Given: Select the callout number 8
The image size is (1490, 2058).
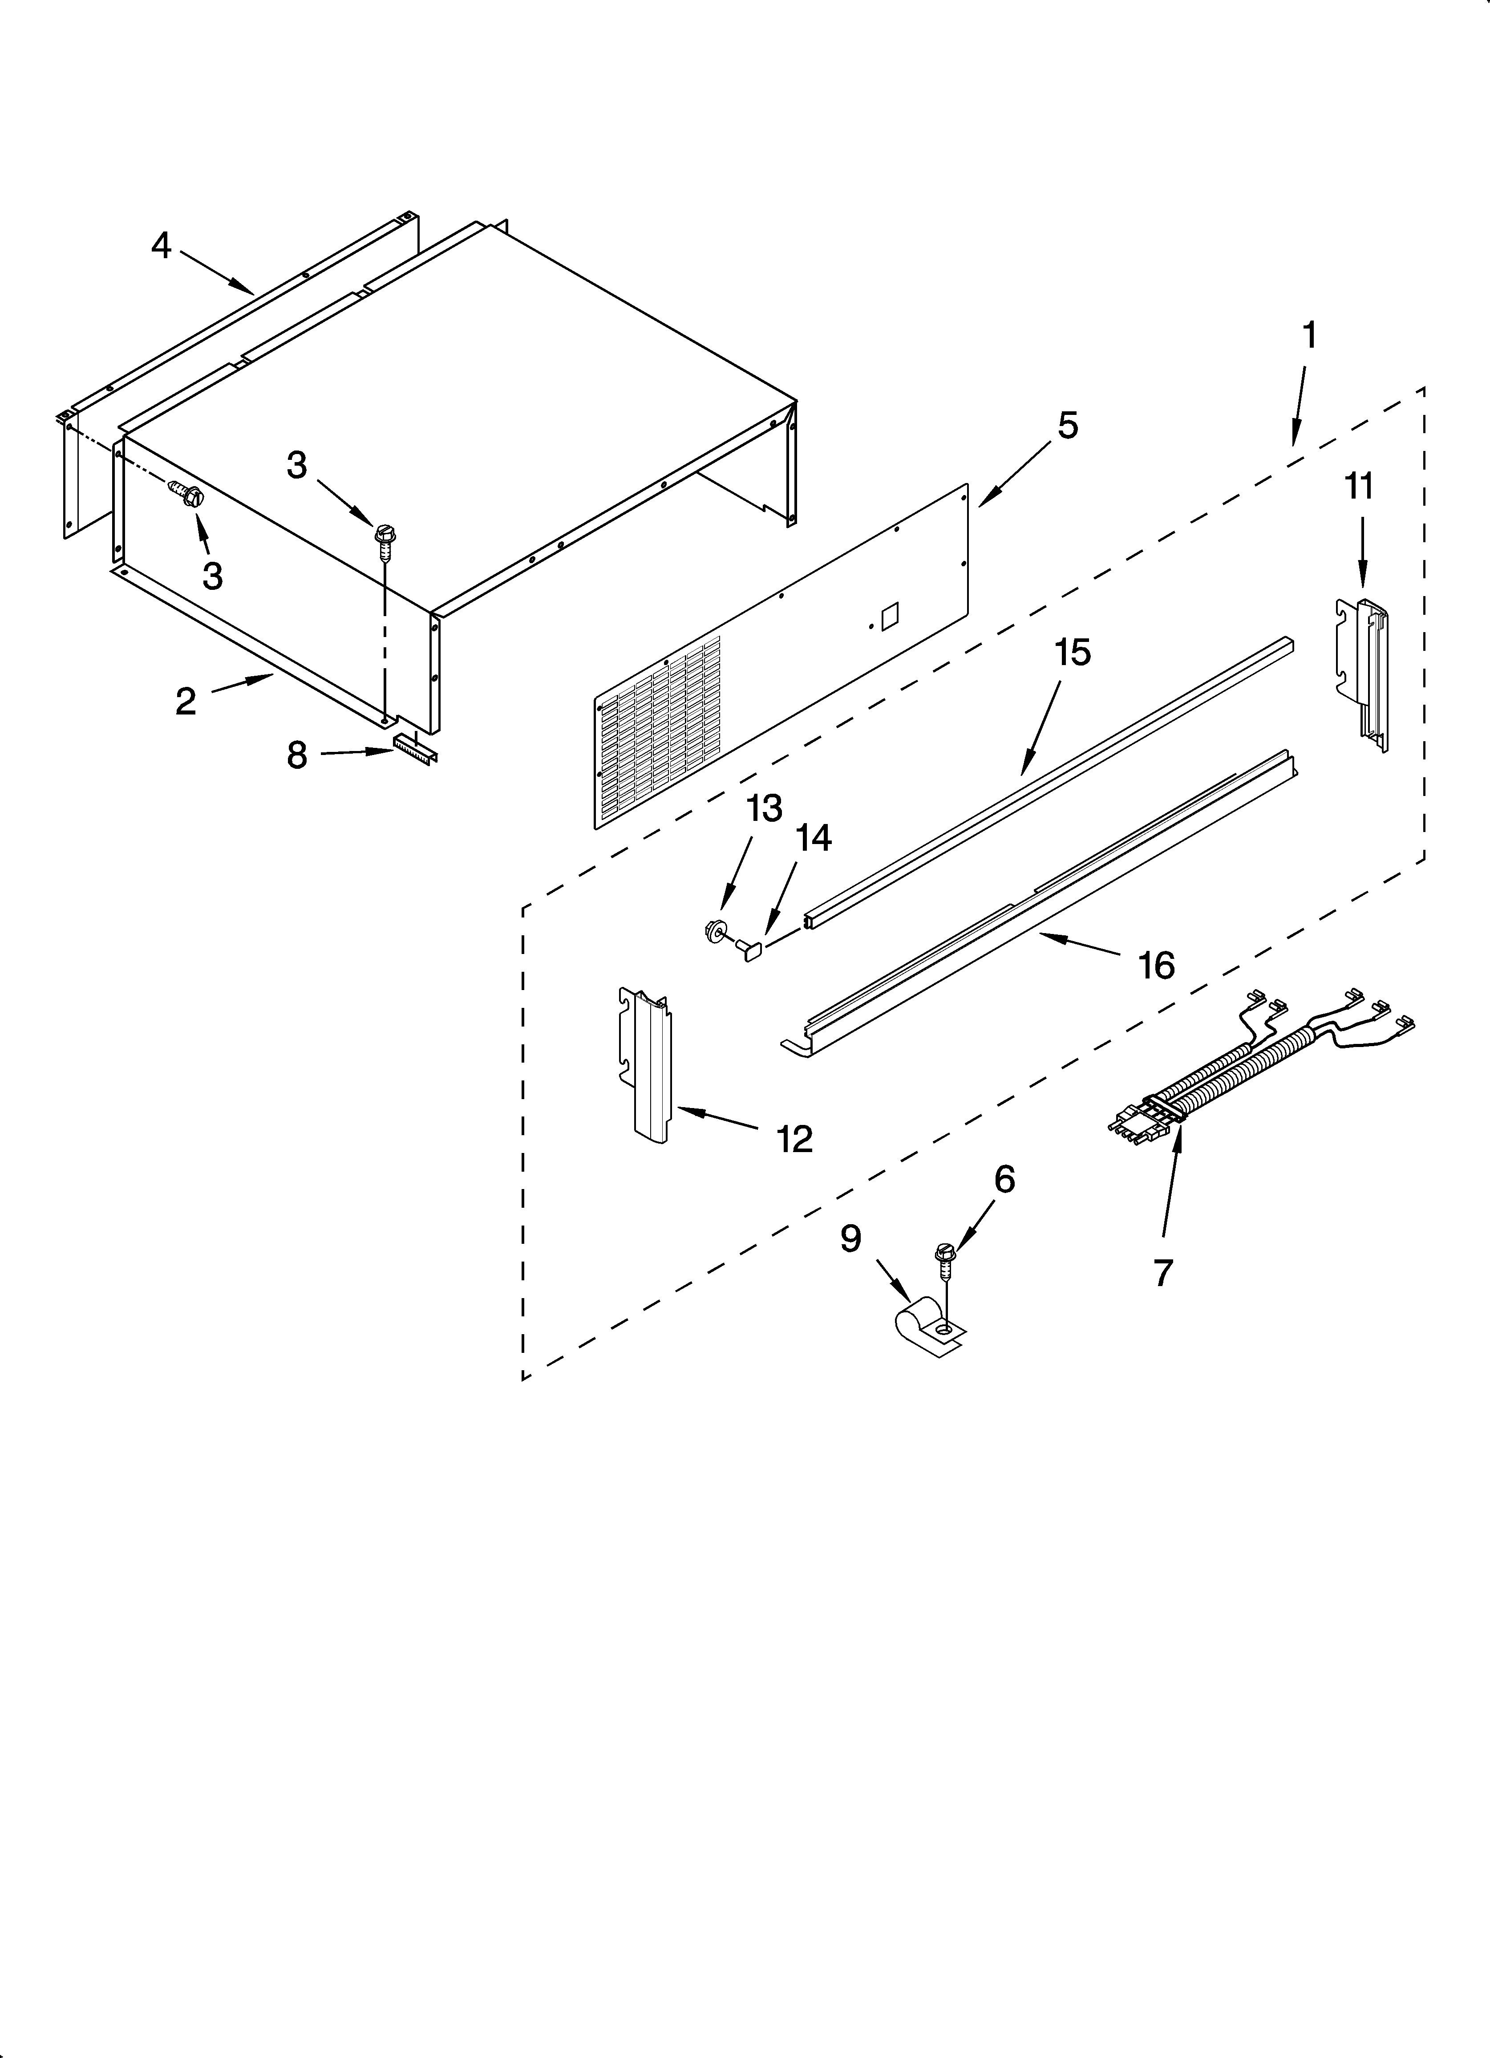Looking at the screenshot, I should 297,755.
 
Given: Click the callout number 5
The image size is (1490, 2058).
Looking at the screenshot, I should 1068,426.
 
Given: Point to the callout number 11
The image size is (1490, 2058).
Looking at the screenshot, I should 1358,487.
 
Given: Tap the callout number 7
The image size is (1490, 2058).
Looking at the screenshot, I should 1163,1272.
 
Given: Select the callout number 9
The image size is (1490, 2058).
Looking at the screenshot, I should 850,1238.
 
